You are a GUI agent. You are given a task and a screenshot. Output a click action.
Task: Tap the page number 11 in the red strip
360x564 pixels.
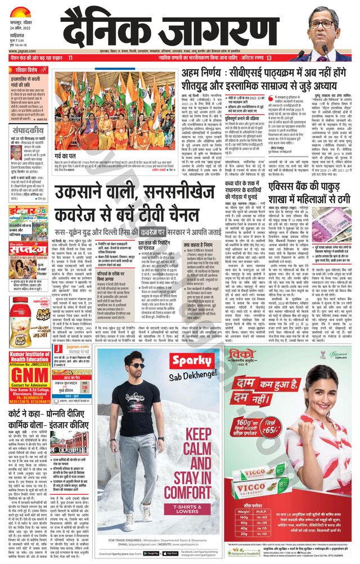tap(70, 58)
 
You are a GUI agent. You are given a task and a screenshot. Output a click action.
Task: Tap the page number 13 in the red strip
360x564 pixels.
tap(269, 58)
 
